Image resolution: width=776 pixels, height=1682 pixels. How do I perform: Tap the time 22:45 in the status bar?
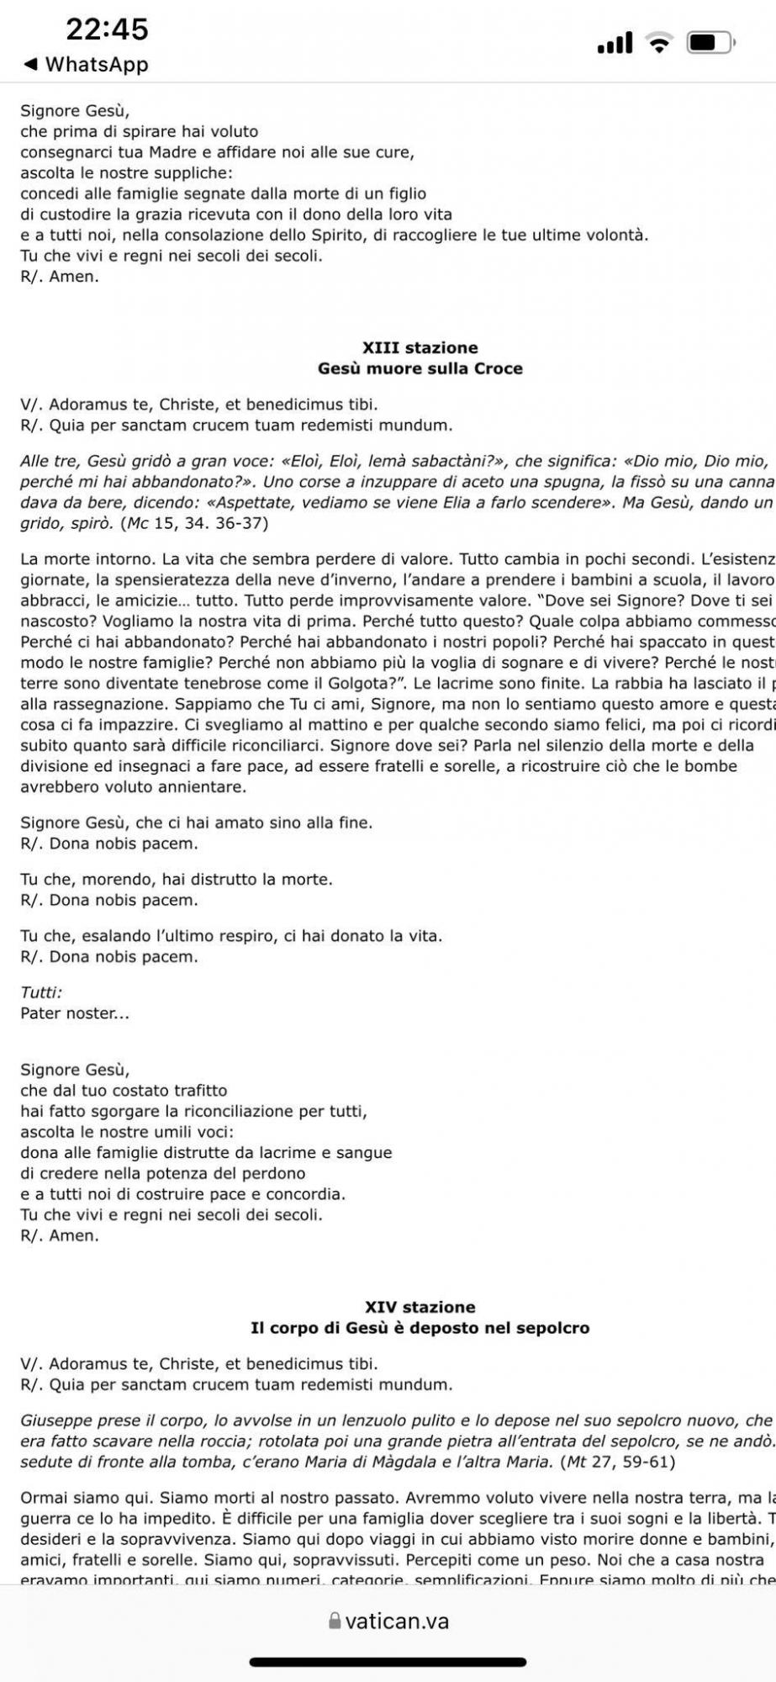point(107,30)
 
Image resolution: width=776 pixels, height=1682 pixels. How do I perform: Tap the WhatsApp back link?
point(87,65)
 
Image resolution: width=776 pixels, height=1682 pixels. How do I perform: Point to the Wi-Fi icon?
point(659,42)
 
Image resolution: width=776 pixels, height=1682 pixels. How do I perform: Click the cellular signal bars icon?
point(615,43)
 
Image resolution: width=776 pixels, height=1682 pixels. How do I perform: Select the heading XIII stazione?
point(420,347)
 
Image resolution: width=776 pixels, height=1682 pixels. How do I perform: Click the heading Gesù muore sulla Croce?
point(420,368)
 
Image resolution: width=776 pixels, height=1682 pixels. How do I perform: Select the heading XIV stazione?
point(420,1307)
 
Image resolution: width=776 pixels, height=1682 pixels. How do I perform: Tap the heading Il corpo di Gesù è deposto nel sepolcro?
point(420,1328)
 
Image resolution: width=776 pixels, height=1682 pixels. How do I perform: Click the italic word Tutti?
point(41,992)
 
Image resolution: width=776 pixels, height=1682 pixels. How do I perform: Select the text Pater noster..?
point(74,1013)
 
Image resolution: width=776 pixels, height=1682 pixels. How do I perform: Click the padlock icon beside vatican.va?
point(335,1621)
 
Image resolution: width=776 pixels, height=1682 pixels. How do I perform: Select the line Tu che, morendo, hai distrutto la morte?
point(177,880)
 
